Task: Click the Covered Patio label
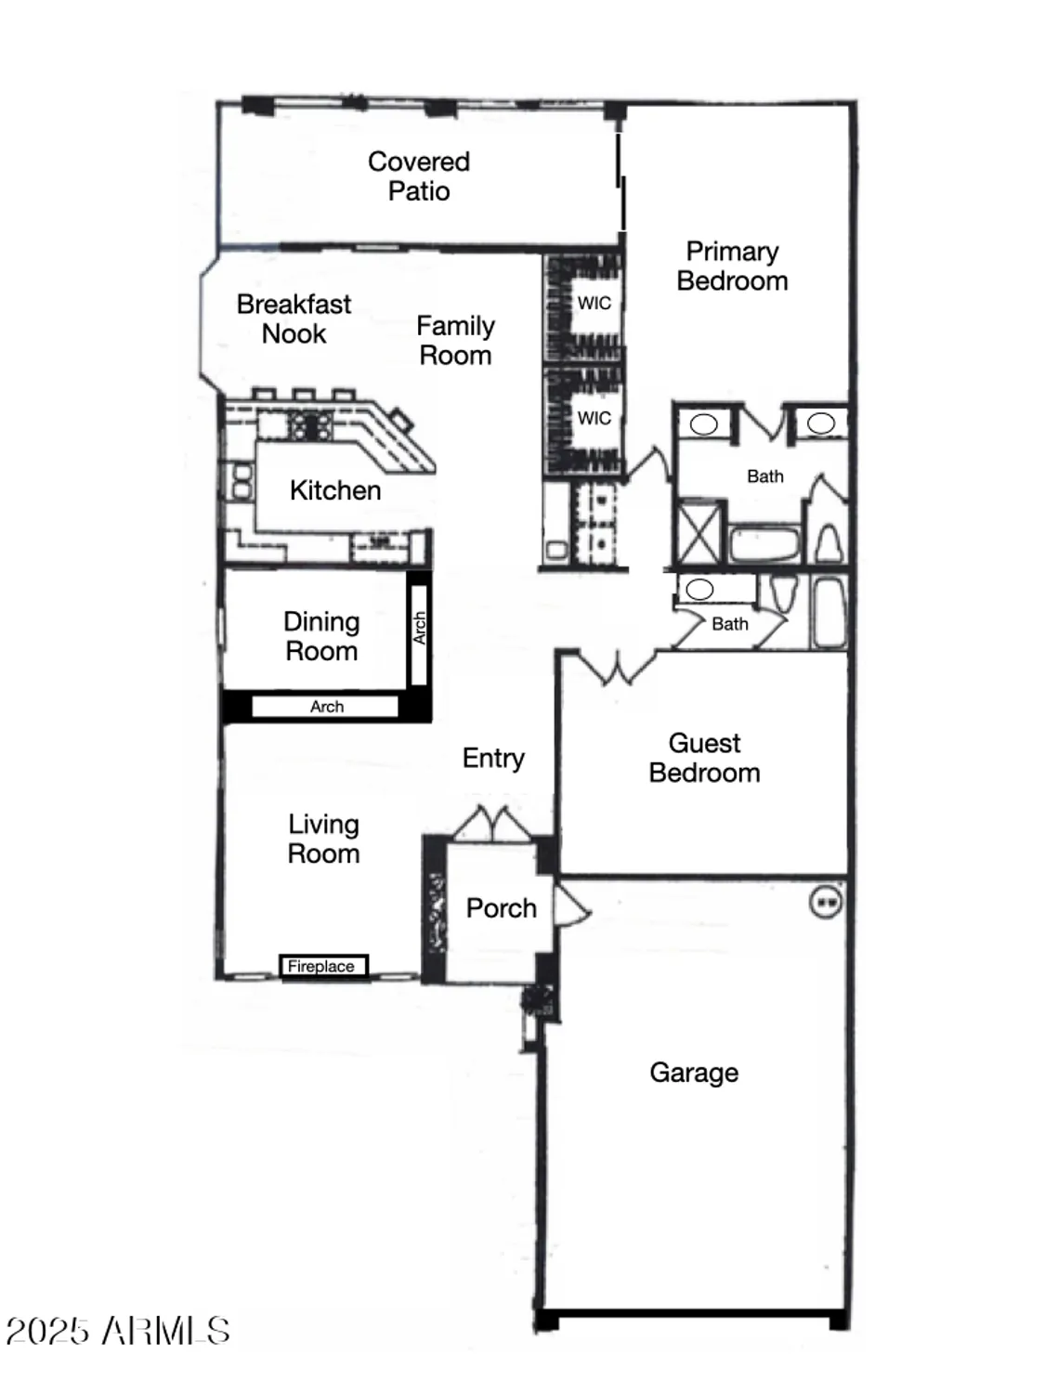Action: coord(419,176)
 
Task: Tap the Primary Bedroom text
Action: coord(732,267)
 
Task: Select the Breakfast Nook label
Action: coord(294,319)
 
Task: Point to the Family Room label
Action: coord(455,341)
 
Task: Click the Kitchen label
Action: coord(335,490)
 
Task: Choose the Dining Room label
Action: coord(321,636)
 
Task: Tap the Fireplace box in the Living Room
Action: coord(322,967)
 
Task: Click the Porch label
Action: coord(501,908)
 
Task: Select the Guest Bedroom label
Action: coord(704,758)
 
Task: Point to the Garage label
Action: coord(694,1073)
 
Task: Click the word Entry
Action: coord(493,758)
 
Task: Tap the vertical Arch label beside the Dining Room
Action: coord(419,629)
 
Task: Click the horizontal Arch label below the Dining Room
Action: coord(326,707)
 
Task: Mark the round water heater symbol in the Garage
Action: coord(826,901)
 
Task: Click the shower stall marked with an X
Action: coord(699,532)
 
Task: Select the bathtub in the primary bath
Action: coord(764,544)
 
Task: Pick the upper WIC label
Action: coord(594,303)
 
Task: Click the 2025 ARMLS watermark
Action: coord(118,1331)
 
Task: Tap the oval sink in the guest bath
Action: coord(699,590)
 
